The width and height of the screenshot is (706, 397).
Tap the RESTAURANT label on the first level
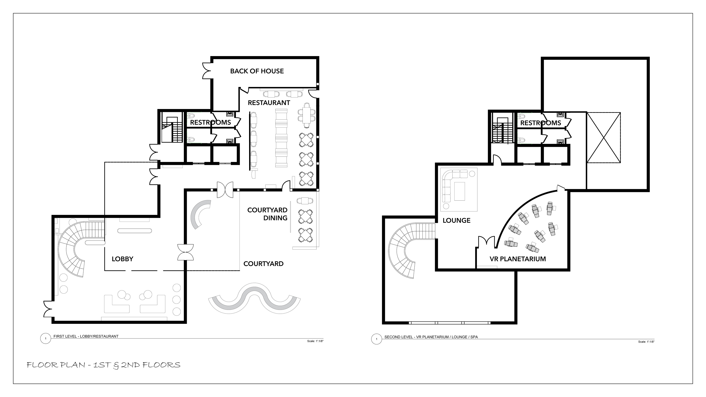(269, 103)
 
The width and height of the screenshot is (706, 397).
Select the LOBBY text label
(122, 259)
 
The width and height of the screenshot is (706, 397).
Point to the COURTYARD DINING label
(267, 214)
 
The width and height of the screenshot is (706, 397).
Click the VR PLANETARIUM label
(518, 259)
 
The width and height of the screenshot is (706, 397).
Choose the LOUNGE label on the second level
(457, 221)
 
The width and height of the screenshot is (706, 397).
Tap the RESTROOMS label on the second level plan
(541, 123)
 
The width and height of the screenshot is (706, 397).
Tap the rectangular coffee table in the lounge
(460, 191)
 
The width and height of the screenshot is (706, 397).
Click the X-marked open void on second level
(603, 138)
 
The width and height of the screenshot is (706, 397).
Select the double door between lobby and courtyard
(186, 252)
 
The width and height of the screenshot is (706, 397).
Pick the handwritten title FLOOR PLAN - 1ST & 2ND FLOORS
(104, 365)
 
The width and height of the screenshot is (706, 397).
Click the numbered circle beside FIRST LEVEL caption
(45, 339)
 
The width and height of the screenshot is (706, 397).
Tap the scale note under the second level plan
(646, 342)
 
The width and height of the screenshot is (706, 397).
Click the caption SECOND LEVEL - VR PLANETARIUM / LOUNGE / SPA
(431, 337)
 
